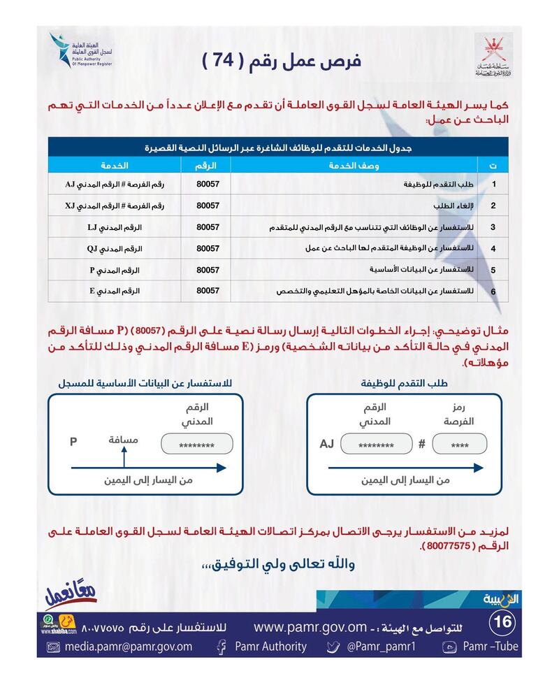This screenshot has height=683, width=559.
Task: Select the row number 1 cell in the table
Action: click(x=493, y=185)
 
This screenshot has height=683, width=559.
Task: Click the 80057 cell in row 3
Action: click(x=208, y=227)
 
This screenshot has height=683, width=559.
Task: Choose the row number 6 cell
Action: click(x=493, y=290)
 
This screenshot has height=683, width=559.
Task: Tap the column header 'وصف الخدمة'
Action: click(x=354, y=165)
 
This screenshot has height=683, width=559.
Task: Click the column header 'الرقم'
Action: click(x=208, y=165)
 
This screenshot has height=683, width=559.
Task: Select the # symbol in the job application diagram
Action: click(x=421, y=444)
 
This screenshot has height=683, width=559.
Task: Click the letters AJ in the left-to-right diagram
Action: click(x=327, y=444)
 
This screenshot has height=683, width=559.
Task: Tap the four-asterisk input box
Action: click(x=459, y=445)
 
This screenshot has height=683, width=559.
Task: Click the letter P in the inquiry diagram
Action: click(x=73, y=442)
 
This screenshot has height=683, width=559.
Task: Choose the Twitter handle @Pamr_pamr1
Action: click(x=381, y=647)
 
